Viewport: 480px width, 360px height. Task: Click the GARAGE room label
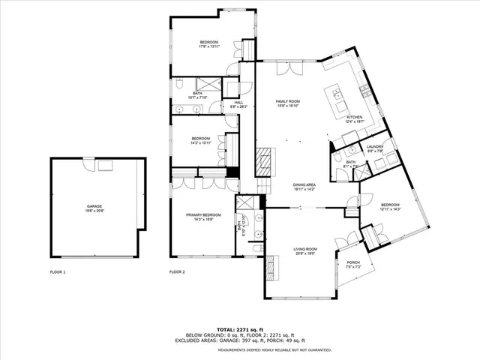coord(94,206)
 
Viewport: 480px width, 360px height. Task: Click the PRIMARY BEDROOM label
coord(203,215)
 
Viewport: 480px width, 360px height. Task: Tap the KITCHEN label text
coord(355,117)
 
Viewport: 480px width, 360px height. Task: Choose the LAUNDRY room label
coord(375,147)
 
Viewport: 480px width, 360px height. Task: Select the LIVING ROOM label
coord(305,248)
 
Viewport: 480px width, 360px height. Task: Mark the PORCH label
coord(354,262)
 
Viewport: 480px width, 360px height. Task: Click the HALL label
coord(238,103)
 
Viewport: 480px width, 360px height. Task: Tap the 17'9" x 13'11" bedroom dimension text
coord(208,46)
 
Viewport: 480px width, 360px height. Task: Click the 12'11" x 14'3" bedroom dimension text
coord(391,209)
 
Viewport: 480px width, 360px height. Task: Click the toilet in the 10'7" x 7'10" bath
coord(182,88)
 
